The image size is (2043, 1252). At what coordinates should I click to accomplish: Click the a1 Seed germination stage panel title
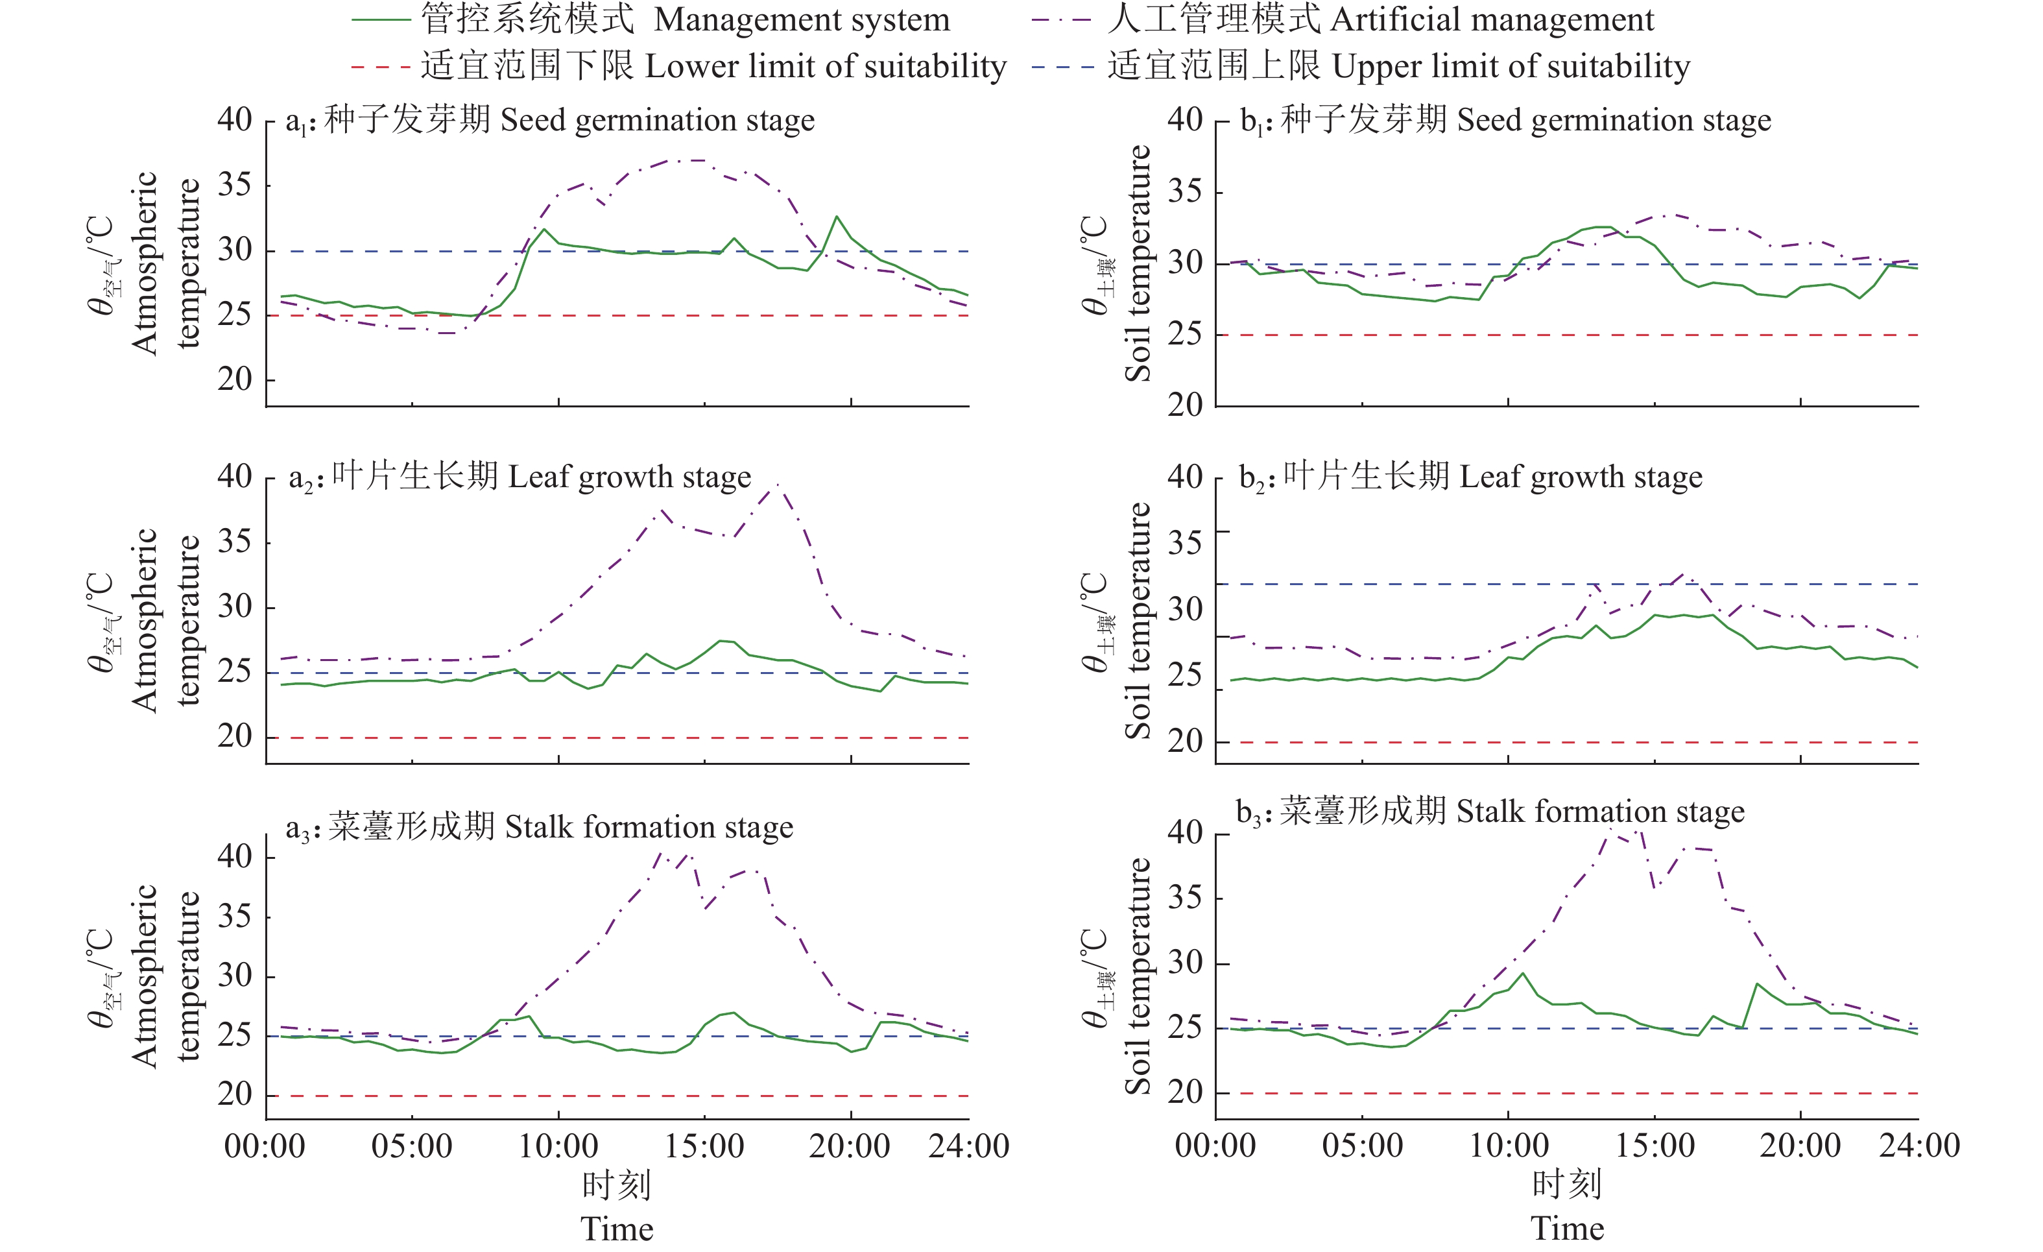[x=551, y=120]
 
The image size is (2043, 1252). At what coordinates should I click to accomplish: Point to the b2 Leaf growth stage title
[x=1470, y=477]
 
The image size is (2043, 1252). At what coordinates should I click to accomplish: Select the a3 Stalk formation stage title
[x=540, y=828]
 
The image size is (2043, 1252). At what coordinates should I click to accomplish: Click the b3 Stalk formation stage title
[x=1490, y=812]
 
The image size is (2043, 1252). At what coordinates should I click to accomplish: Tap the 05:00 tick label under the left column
[x=411, y=1147]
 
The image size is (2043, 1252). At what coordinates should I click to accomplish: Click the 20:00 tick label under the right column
[x=1800, y=1147]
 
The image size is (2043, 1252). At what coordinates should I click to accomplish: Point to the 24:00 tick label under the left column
[x=968, y=1147]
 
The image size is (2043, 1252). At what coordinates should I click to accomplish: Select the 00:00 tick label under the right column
[x=1215, y=1147]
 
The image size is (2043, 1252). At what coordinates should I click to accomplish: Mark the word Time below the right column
[x=1567, y=1229]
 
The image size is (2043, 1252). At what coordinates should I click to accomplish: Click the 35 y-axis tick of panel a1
[x=235, y=185]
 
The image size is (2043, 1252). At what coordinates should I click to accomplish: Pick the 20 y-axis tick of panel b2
[x=1185, y=742]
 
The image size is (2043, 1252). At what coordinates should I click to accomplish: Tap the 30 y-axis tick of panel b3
[x=1185, y=963]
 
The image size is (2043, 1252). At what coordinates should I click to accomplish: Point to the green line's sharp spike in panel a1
[x=837, y=217]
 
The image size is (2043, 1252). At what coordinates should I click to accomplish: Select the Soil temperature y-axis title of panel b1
[x=1138, y=263]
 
